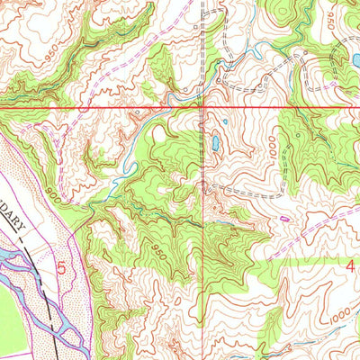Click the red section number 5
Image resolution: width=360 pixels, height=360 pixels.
[x=61, y=267]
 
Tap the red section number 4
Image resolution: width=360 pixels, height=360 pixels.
[x=351, y=265]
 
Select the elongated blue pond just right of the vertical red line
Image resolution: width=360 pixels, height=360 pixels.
[x=215, y=141]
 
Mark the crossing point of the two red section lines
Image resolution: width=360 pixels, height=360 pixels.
[x=204, y=108]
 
